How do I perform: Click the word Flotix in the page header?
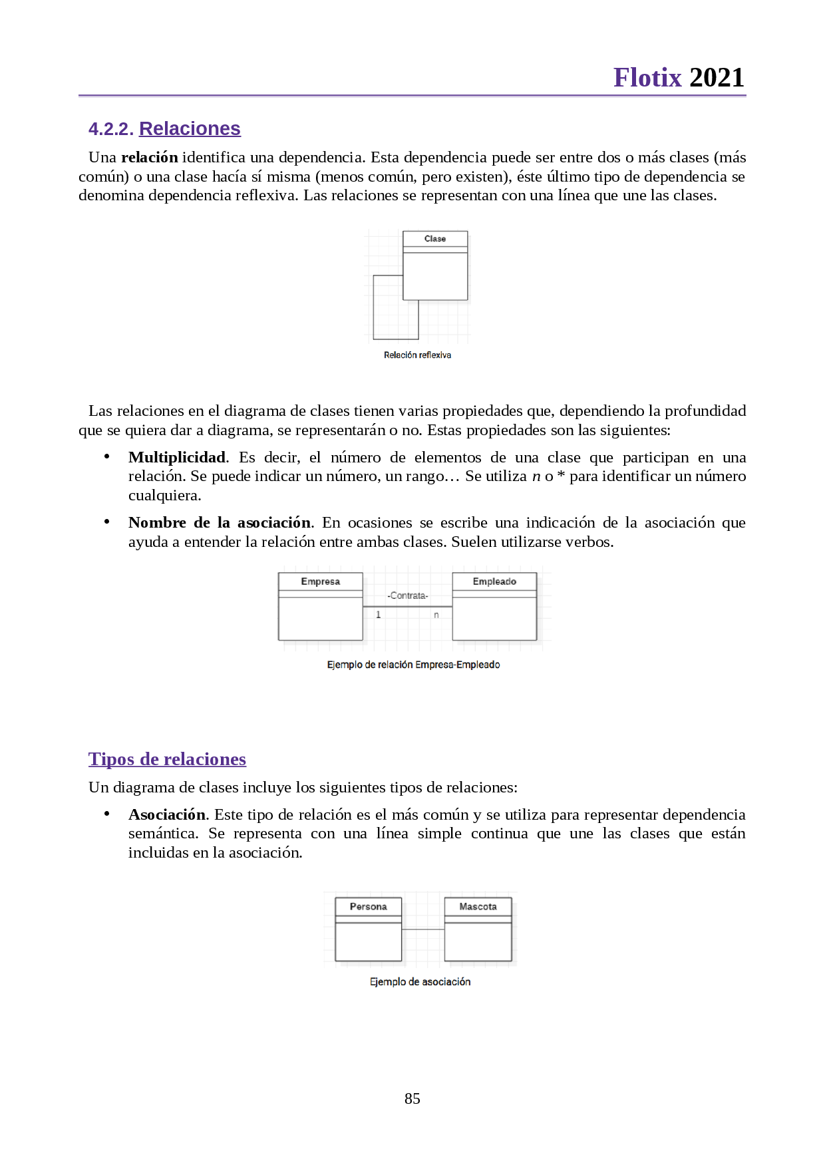pyautogui.click(x=647, y=78)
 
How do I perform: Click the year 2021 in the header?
pyautogui.click(x=717, y=78)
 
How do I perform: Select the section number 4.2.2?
pyautogui.click(x=111, y=129)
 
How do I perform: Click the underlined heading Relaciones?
pyautogui.click(x=190, y=128)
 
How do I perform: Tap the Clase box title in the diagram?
pyautogui.click(x=435, y=239)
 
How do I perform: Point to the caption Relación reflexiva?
pyautogui.click(x=417, y=355)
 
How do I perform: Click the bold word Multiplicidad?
pyautogui.click(x=177, y=457)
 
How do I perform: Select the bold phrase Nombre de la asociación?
pyautogui.click(x=220, y=522)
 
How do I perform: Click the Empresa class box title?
pyautogui.click(x=320, y=582)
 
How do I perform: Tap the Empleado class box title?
pyautogui.click(x=494, y=582)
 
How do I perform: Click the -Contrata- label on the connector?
pyautogui.click(x=408, y=595)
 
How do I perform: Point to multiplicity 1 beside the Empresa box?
pyautogui.click(x=379, y=615)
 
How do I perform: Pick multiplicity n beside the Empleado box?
pyautogui.click(x=436, y=615)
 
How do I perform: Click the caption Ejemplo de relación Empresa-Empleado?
pyautogui.click(x=413, y=665)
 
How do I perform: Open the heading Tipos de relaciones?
pyautogui.click(x=167, y=759)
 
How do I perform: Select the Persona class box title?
pyautogui.click(x=368, y=907)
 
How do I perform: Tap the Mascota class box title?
pyautogui.click(x=478, y=907)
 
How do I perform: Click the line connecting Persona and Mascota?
pyautogui.click(x=423, y=929)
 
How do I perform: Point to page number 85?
pyautogui.click(x=412, y=1098)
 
